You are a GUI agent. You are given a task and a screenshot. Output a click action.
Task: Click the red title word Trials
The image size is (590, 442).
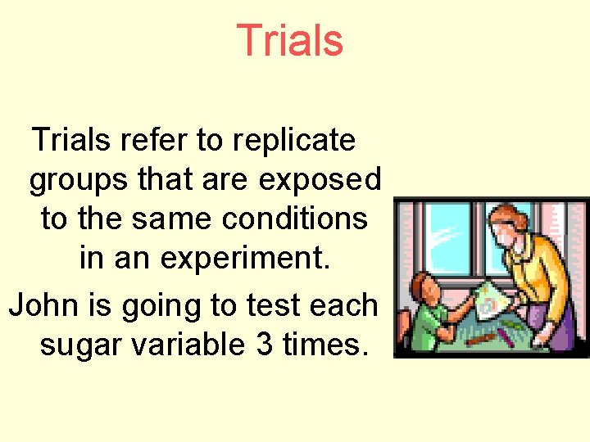289,41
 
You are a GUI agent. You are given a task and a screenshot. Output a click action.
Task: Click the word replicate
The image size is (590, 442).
294,141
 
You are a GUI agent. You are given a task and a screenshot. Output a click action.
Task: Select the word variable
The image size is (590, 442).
190,345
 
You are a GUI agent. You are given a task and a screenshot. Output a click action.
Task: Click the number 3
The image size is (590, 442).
265,345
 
